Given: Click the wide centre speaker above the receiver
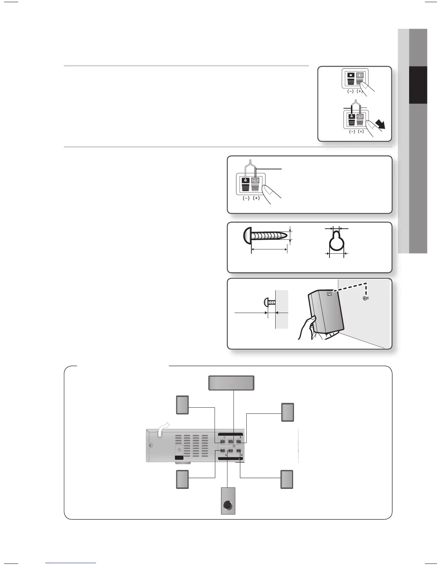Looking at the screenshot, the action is pyautogui.click(x=231, y=383).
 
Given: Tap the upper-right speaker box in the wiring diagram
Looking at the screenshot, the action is pyautogui.click(x=287, y=412).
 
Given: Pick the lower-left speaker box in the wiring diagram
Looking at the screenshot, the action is pyautogui.click(x=182, y=479).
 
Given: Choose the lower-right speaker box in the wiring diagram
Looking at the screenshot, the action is pyautogui.click(x=287, y=479).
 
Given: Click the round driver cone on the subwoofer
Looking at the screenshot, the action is pyautogui.click(x=228, y=505).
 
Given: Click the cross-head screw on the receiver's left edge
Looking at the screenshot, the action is pyautogui.click(x=150, y=445).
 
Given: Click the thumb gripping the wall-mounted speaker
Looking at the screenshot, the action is pyautogui.click(x=312, y=319).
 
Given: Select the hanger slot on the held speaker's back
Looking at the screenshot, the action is pyautogui.click(x=329, y=294).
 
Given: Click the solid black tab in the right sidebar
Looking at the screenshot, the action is pyautogui.click(x=418, y=85).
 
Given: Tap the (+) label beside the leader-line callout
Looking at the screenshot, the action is pyautogui.click(x=256, y=198).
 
